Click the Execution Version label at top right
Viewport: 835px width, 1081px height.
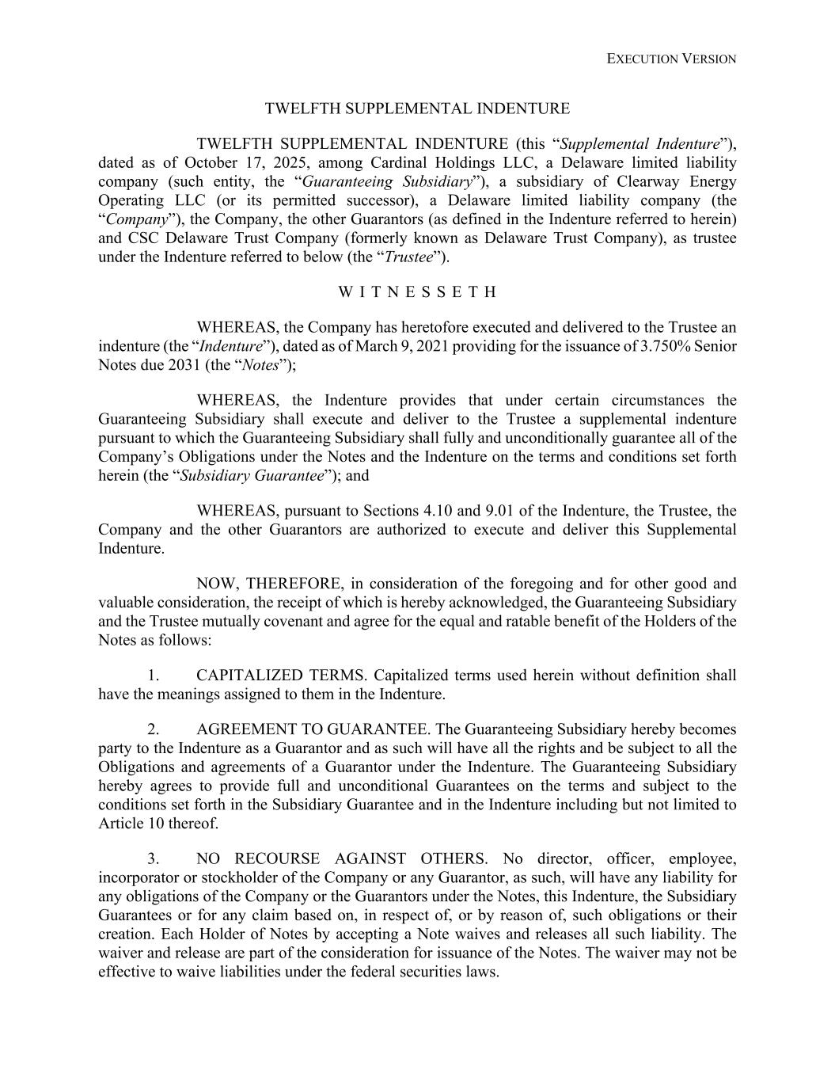click(671, 59)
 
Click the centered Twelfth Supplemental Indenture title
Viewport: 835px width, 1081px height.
click(417, 108)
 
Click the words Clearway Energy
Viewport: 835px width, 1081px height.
click(680, 182)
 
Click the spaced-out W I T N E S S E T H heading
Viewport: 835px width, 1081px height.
click(417, 292)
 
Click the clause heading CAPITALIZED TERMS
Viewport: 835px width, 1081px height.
click(281, 676)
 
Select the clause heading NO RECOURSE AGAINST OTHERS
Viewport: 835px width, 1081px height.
click(341, 859)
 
